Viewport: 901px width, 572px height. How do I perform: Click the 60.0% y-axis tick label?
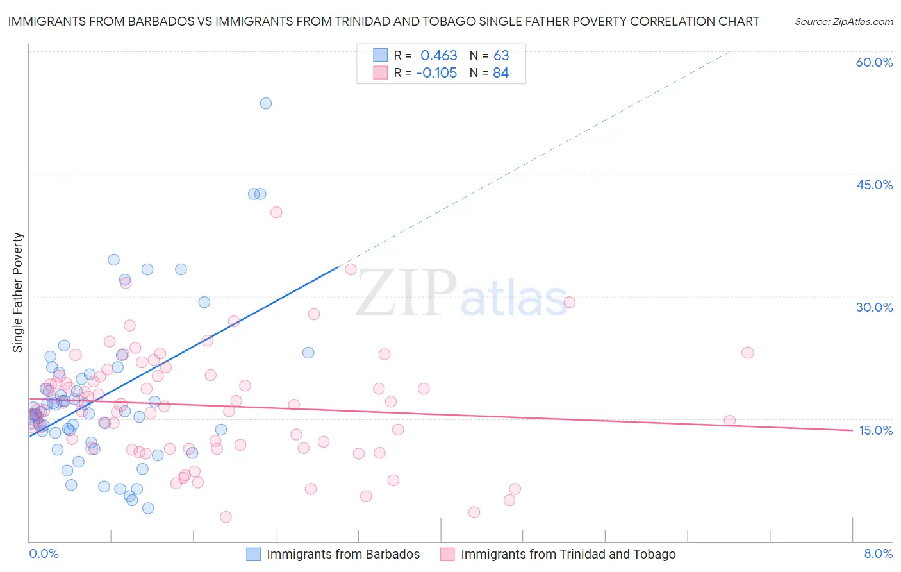874,62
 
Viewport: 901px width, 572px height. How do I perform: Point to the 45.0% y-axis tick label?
874,185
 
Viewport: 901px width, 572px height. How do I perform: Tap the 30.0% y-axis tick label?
874,307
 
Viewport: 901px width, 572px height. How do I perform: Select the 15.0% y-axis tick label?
875,430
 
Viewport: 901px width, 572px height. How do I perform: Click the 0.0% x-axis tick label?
44,553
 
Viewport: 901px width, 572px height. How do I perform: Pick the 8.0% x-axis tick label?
878,553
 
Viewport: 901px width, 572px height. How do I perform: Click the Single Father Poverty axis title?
18,292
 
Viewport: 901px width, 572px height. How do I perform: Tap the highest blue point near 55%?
266,103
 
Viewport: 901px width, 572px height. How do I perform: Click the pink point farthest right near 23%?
747,353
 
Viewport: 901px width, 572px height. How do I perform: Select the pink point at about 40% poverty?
276,212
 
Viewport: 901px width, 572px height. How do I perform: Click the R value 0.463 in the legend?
439,56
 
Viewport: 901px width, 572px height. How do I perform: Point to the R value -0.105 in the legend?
436,73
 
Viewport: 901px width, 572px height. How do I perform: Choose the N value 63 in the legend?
501,56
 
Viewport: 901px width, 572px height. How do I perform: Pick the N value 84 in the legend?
501,73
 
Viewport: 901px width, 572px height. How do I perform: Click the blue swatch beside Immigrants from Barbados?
254,554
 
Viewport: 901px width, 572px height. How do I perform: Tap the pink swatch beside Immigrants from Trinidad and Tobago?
447,554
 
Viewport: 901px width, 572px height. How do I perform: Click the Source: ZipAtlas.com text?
844,22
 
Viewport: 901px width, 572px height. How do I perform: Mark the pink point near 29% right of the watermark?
569,302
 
